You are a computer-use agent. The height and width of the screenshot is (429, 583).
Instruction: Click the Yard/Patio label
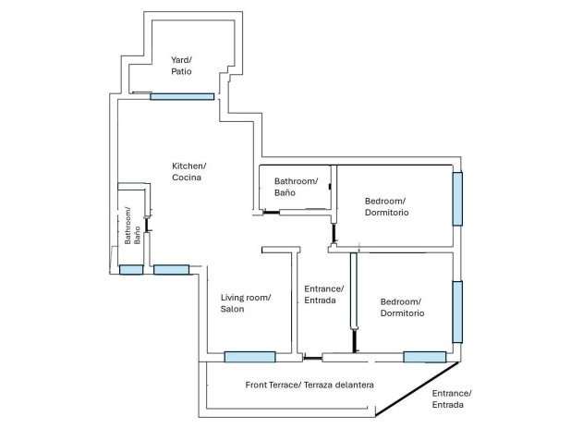(x=181, y=66)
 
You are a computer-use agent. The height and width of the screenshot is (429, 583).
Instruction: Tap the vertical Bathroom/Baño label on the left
(x=133, y=226)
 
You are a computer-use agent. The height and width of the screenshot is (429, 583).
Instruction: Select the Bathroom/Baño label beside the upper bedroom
(x=296, y=188)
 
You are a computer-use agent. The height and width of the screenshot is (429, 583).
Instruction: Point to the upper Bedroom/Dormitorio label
(x=386, y=206)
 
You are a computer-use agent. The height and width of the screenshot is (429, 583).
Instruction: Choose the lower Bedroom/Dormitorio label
(x=402, y=307)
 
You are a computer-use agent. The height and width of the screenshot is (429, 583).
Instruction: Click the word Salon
(x=233, y=309)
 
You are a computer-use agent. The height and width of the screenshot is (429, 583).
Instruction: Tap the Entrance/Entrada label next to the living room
(x=323, y=295)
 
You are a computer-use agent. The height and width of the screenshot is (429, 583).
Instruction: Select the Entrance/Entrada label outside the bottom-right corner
(x=451, y=399)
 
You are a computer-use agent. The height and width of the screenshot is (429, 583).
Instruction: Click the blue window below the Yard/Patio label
(x=182, y=96)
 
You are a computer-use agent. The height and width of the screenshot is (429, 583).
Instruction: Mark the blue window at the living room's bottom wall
(x=249, y=357)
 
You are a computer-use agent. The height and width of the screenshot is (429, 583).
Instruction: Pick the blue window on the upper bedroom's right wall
(x=456, y=199)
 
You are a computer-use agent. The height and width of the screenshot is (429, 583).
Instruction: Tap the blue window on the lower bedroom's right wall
(x=456, y=312)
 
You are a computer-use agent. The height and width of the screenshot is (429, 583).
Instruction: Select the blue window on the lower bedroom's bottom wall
(x=424, y=357)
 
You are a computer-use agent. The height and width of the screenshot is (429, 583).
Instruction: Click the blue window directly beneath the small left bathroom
(x=131, y=270)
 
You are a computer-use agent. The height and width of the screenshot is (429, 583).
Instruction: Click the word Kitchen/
(x=188, y=165)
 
